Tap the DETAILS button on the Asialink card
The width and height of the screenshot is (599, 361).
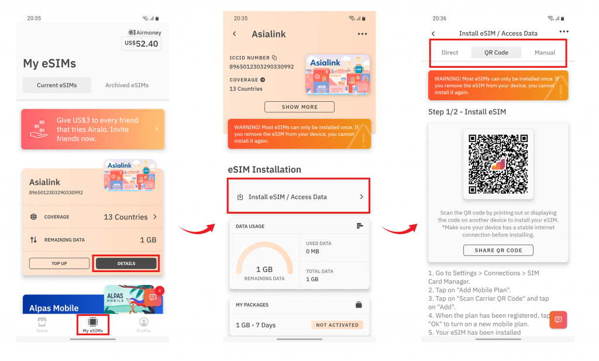pos(126,263)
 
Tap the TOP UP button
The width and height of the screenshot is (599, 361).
pos(59,263)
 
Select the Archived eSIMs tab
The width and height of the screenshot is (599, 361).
pos(127,85)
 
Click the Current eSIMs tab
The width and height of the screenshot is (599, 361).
pos(57,85)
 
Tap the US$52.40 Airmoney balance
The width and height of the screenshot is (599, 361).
pos(142,43)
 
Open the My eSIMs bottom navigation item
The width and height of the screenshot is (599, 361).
pos(92,325)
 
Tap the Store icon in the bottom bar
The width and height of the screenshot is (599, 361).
pos(42,325)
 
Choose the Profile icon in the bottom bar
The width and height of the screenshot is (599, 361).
pos(143,325)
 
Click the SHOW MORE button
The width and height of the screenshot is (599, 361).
pos(299,107)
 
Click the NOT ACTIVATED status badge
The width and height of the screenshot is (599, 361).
pos(337,325)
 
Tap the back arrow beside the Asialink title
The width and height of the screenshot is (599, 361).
pos(235,34)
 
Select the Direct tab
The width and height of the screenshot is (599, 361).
pos(450,52)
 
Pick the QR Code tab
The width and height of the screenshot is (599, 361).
pos(496,52)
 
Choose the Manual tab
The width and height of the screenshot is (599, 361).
pos(545,52)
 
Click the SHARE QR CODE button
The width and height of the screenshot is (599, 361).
pos(498,250)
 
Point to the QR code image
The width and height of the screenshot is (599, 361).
pos(498,163)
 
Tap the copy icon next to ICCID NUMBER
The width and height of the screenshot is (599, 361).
pos(274,58)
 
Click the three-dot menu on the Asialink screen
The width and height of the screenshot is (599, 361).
pos(362,34)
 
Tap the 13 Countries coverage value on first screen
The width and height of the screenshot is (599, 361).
pos(126,217)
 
